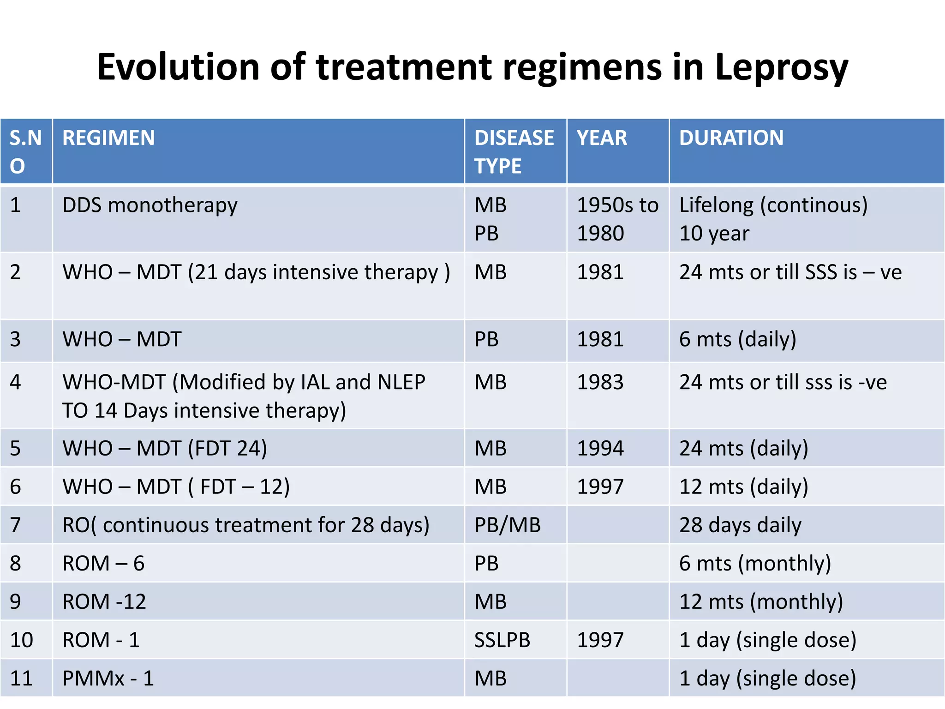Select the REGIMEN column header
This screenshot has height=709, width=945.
pyautogui.click(x=108, y=138)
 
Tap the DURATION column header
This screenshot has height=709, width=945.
pyautogui.click(x=731, y=138)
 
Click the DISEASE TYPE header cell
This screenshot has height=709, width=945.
pyautogui.click(x=514, y=151)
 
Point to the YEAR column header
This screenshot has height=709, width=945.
pyautogui.click(x=602, y=138)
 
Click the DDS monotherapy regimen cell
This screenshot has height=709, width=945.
pyautogui.click(x=150, y=205)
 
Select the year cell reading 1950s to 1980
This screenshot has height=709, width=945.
pyautogui.click(x=617, y=219)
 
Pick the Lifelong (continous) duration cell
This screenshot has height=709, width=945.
pyautogui.click(x=773, y=205)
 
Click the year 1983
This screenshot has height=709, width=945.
pyautogui.click(x=600, y=383)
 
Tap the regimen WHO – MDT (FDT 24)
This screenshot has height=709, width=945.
pyautogui.click(x=165, y=449)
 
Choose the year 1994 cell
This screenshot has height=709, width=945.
pyautogui.click(x=600, y=449)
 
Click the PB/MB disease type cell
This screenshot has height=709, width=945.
pyautogui.click(x=507, y=525)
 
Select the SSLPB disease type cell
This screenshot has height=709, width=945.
pyautogui.click(x=502, y=640)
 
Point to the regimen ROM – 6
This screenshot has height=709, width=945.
pyautogui.click(x=103, y=564)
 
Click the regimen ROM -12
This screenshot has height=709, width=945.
pyautogui.click(x=104, y=602)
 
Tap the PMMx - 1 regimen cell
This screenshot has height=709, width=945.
pyautogui.click(x=108, y=679)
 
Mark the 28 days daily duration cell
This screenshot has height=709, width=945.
pyautogui.click(x=740, y=525)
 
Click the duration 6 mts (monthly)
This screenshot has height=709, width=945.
pyautogui.click(x=755, y=564)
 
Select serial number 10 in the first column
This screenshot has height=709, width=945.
pyautogui.click(x=21, y=640)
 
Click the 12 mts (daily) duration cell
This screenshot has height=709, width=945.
pyautogui.click(x=743, y=487)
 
